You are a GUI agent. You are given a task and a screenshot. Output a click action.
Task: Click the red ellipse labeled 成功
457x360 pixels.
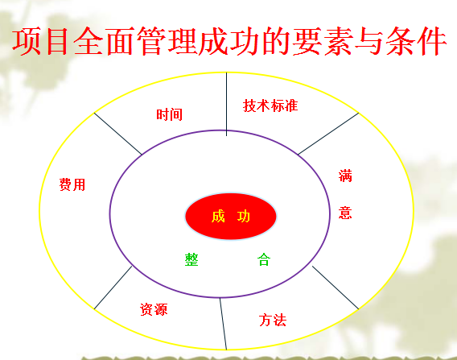[231, 216]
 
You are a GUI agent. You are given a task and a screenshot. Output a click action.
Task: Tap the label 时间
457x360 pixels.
[169, 114]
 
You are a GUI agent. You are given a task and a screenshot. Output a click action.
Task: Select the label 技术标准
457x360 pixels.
[270, 106]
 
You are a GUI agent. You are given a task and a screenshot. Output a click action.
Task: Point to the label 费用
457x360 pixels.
[72, 184]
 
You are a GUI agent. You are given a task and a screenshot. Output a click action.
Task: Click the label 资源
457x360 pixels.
[154, 309]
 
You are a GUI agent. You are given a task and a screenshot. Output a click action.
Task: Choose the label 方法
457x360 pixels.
[273, 320]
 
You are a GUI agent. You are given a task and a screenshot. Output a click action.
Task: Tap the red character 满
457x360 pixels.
[345, 176]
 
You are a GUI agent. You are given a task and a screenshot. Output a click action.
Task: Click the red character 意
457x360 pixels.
[345, 213]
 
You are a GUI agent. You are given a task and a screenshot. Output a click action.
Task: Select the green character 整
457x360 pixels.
[191, 259]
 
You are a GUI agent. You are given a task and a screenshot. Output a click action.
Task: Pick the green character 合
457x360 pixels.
[264, 259]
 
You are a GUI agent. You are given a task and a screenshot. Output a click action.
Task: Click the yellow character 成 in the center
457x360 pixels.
[218, 217]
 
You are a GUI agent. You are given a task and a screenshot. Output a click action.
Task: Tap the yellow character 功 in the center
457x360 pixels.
[244, 217]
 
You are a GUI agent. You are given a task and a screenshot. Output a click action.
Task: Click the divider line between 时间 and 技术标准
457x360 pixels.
[226, 104]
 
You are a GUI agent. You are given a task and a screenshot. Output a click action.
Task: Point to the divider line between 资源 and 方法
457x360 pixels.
[223, 324]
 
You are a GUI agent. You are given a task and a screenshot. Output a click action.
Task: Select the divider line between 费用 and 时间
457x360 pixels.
[117, 134]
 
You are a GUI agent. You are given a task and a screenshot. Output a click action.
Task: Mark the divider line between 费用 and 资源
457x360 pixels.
[113, 288]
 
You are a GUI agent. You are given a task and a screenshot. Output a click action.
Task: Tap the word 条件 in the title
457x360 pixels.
[416, 41]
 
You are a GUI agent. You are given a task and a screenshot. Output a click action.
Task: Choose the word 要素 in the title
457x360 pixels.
[323, 41]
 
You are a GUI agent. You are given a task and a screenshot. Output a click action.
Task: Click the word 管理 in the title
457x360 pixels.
[167, 41]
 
